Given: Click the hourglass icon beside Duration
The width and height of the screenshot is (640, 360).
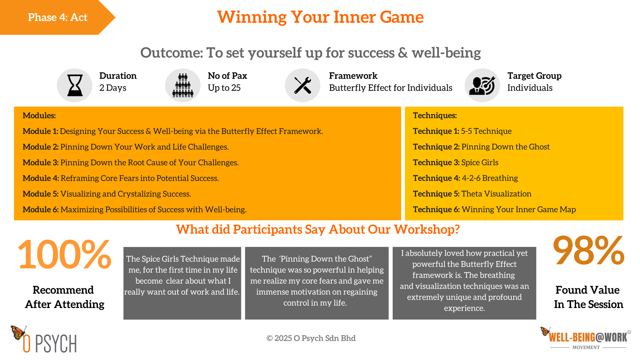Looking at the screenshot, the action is (x=75, y=85).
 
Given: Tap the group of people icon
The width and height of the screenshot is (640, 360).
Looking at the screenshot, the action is (x=183, y=85).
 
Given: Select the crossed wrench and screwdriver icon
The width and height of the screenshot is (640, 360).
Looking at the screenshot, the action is (x=303, y=85).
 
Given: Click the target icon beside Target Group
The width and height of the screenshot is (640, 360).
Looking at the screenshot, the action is (x=482, y=85).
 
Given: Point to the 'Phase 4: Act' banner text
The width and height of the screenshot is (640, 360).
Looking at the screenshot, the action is (x=58, y=17).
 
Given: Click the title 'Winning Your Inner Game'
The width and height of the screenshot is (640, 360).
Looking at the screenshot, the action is (x=320, y=17).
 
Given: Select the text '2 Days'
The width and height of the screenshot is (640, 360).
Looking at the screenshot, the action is (x=113, y=88).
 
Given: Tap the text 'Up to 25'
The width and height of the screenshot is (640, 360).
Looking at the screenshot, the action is (x=224, y=88).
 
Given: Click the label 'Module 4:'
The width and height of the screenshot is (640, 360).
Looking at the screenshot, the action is (x=41, y=178).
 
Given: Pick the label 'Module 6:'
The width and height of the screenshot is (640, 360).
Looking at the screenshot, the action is (x=41, y=209).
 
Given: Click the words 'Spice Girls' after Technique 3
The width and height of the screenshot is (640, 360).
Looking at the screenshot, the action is (x=480, y=163).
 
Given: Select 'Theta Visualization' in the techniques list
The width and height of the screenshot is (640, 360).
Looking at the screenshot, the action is (x=496, y=194).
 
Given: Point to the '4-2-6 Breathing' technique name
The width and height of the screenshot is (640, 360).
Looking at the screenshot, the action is (x=490, y=178).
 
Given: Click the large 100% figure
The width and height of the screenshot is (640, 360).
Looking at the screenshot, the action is (x=64, y=254).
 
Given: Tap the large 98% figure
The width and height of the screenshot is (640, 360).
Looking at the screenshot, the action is (x=589, y=250).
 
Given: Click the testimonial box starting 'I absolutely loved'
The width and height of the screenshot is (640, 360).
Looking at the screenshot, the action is (x=464, y=283).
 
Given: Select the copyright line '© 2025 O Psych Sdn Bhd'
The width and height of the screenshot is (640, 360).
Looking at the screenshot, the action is (x=311, y=338).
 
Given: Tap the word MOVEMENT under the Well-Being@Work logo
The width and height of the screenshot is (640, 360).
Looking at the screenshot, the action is (x=586, y=347).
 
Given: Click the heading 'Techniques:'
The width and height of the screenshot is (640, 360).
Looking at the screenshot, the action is (x=435, y=115).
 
